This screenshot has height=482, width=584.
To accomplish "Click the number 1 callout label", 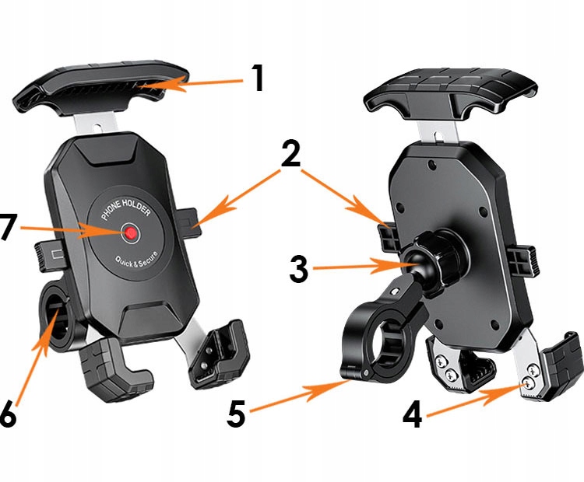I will [258, 79].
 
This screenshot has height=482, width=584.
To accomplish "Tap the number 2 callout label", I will [290, 155].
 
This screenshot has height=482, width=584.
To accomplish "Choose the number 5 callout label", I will [237, 414].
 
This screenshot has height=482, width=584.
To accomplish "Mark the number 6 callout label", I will [8, 415].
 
